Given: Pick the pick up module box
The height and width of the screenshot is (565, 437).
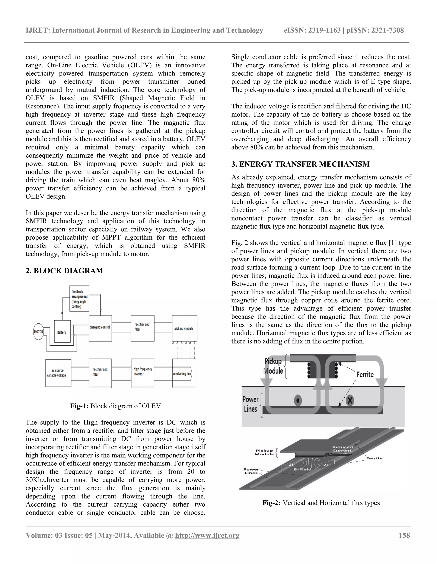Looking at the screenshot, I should pyautogui.click(x=184, y=328).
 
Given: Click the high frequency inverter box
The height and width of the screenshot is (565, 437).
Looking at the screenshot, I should pyautogui.click(x=143, y=372).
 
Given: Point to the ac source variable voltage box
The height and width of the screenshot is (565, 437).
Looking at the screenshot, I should pyautogui.click(x=58, y=373).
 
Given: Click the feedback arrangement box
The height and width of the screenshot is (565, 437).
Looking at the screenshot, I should pyautogui.click(x=79, y=298).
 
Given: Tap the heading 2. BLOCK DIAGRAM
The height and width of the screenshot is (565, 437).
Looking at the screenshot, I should pyautogui.click(x=64, y=271).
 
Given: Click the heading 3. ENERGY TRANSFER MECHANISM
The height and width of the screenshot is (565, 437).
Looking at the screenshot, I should pyautogui.click(x=300, y=164).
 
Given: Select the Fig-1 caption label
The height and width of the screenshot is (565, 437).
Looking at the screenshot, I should pyautogui.click(x=79, y=406).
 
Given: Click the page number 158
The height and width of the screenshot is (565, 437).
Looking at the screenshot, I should pyautogui.click(x=404, y=535).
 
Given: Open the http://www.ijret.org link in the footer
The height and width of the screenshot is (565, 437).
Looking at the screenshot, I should pyautogui.click(x=207, y=535).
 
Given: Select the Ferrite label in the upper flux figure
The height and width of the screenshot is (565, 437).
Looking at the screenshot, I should pyautogui.click(x=365, y=375).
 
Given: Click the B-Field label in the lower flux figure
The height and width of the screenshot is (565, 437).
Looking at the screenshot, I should pyautogui.click(x=302, y=469).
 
